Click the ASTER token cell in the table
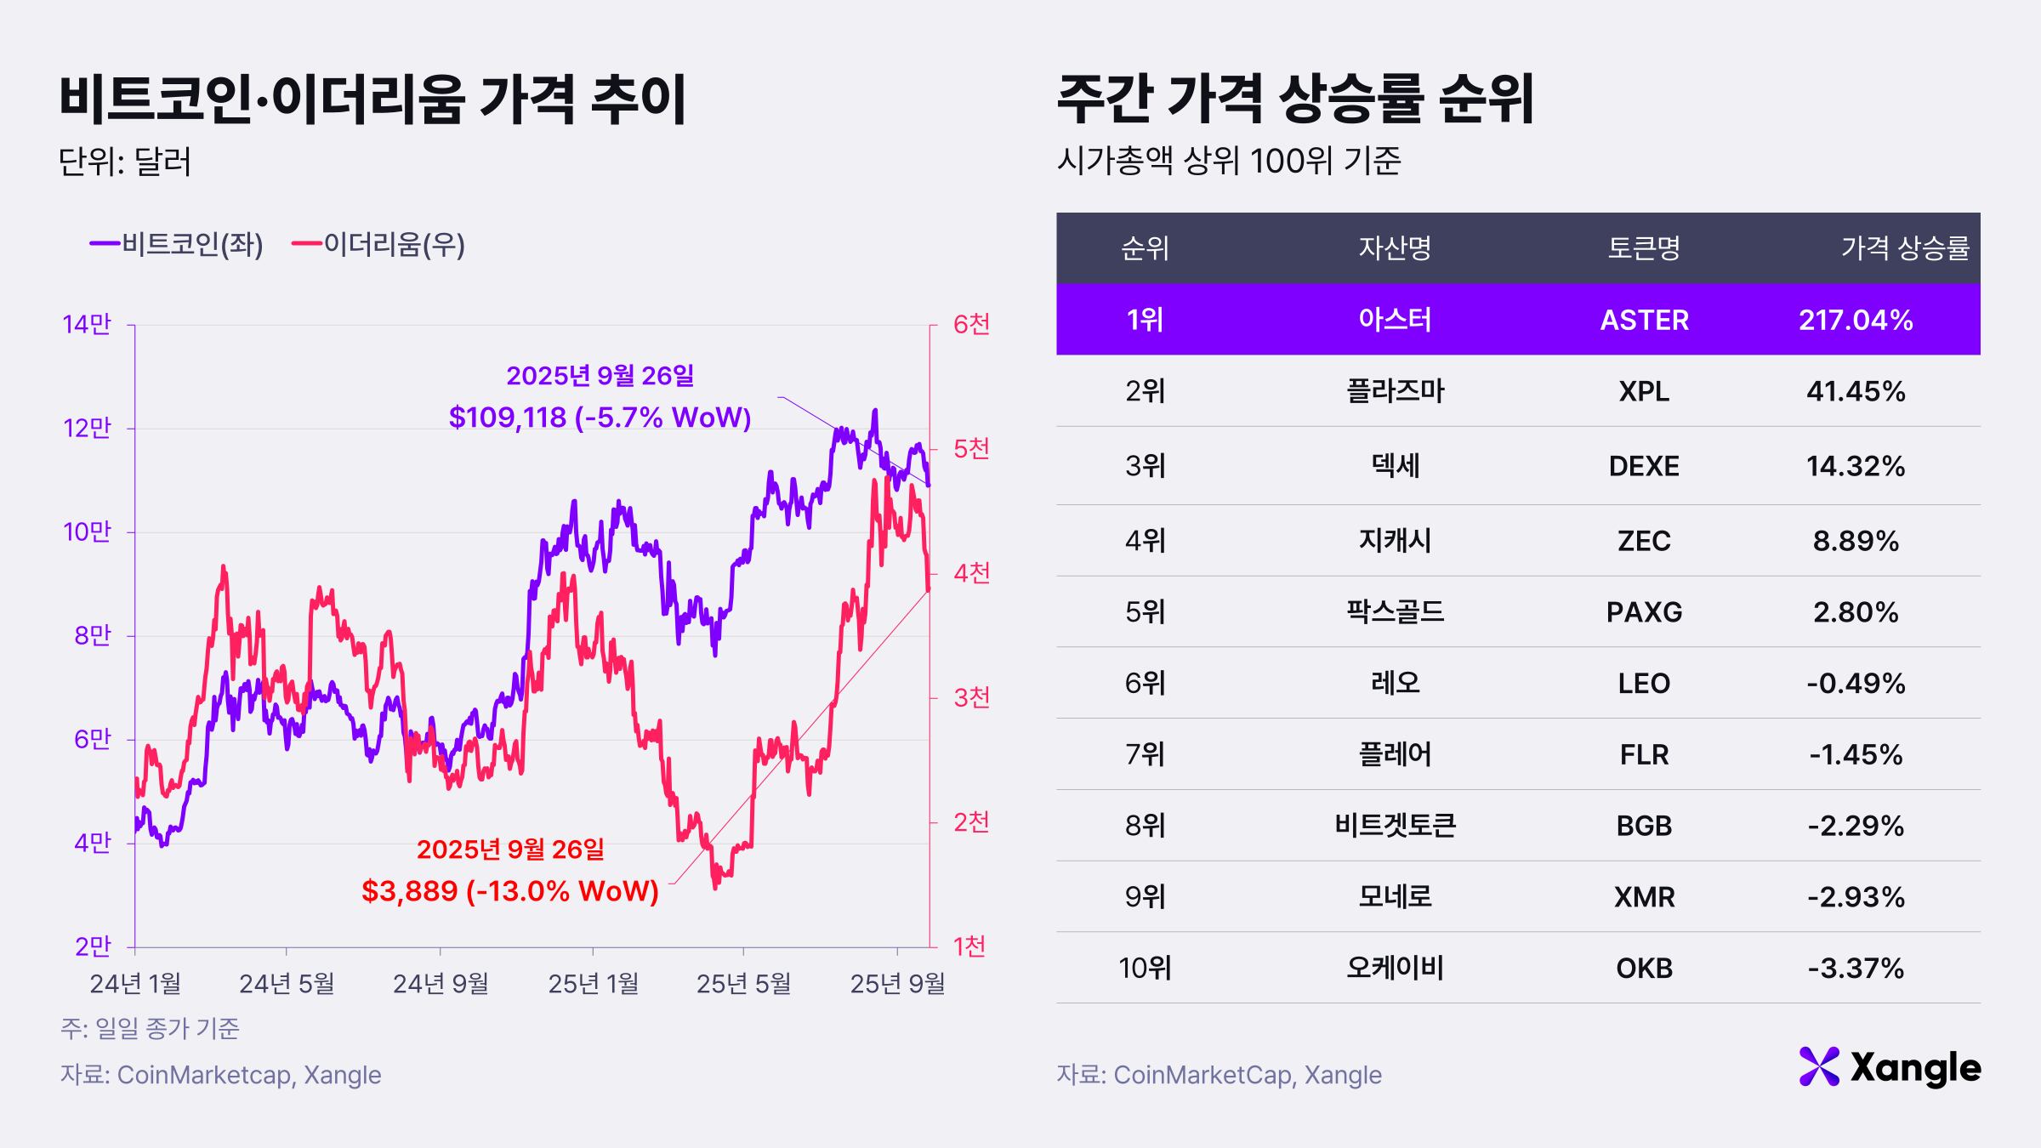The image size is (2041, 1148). [1644, 320]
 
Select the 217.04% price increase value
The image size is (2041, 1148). [1856, 320]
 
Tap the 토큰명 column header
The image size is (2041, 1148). [1644, 247]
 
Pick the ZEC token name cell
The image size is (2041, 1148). [1644, 541]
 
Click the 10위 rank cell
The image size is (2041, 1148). [1145, 968]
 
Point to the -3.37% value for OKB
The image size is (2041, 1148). [1856, 968]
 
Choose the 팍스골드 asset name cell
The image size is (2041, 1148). [1395, 611]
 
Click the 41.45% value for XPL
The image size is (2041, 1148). [1856, 391]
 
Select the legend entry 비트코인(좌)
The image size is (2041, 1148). [177, 245]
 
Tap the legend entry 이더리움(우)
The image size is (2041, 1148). [378, 245]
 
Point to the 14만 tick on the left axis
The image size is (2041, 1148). [87, 324]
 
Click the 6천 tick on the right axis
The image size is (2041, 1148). [971, 324]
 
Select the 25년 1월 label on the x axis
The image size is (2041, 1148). [593, 984]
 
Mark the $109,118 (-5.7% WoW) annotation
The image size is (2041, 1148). [600, 418]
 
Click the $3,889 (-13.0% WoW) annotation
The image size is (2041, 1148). [510, 890]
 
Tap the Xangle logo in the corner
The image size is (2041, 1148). [1890, 1067]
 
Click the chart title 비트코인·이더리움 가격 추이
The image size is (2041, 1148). [372, 100]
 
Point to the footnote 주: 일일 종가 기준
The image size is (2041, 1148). [150, 1029]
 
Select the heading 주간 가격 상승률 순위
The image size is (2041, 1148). [1295, 100]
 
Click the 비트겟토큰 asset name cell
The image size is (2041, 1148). [1395, 825]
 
